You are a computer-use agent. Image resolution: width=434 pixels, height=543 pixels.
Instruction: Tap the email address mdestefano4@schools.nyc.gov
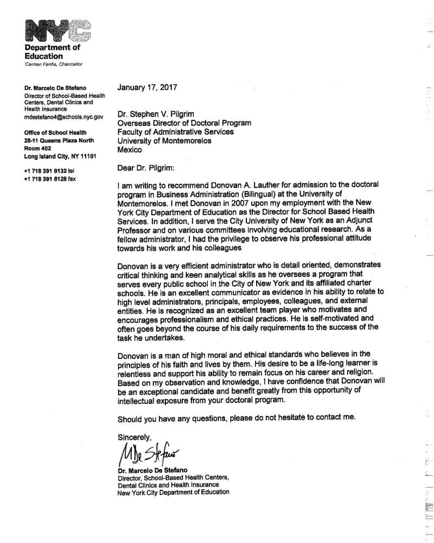point(63,116)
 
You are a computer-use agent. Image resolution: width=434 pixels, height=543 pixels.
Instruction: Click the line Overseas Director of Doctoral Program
point(184,123)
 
